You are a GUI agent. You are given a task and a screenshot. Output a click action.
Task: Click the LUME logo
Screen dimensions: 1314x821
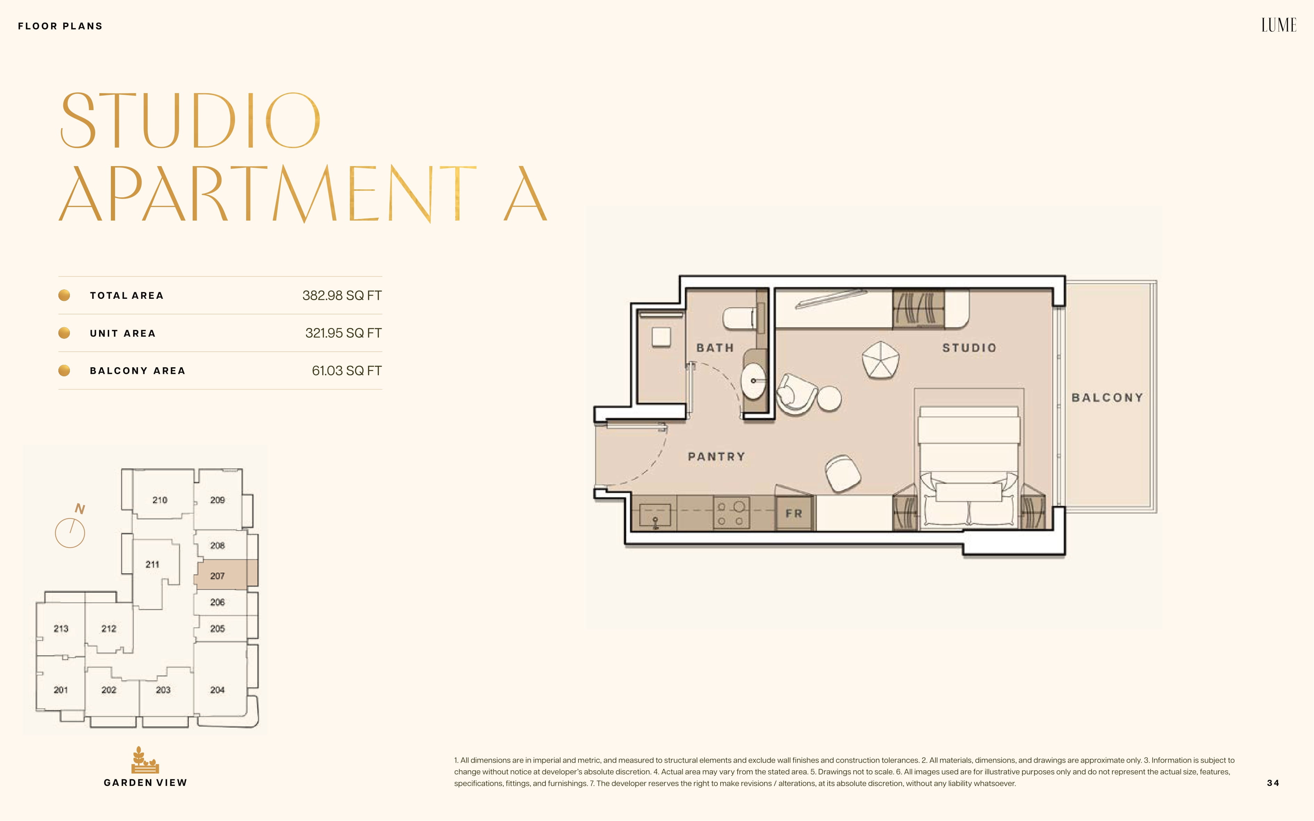pyautogui.click(x=1278, y=25)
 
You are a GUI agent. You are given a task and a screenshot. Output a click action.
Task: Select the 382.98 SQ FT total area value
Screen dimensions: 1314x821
pyautogui.click(x=342, y=295)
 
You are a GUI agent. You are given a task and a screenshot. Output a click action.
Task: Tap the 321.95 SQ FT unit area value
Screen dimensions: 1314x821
pyautogui.click(x=343, y=333)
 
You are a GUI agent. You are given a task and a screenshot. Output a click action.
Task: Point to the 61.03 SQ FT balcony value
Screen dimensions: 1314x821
pyautogui.click(x=347, y=370)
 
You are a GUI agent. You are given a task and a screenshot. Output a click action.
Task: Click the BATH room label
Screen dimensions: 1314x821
pyautogui.click(x=715, y=347)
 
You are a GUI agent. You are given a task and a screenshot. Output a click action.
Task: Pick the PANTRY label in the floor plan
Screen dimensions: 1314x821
pyautogui.click(x=716, y=457)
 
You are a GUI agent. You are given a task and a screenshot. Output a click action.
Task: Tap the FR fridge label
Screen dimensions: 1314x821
pyautogui.click(x=794, y=513)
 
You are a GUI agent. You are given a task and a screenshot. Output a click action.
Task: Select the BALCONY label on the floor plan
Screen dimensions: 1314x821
pyautogui.click(x=1107, y=397)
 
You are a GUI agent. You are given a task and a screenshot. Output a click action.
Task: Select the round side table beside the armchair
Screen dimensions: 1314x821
pyautogui.click(x=829, y=398)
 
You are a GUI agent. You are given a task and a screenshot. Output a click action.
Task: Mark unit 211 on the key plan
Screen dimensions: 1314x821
pyautogui.click(x=153, y=565)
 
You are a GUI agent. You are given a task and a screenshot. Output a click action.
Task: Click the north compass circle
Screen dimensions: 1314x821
pyautogui.click(x=70, y=533)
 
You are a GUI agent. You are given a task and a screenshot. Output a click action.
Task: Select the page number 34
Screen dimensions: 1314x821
pyautogui.click(x=1273, y=783)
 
